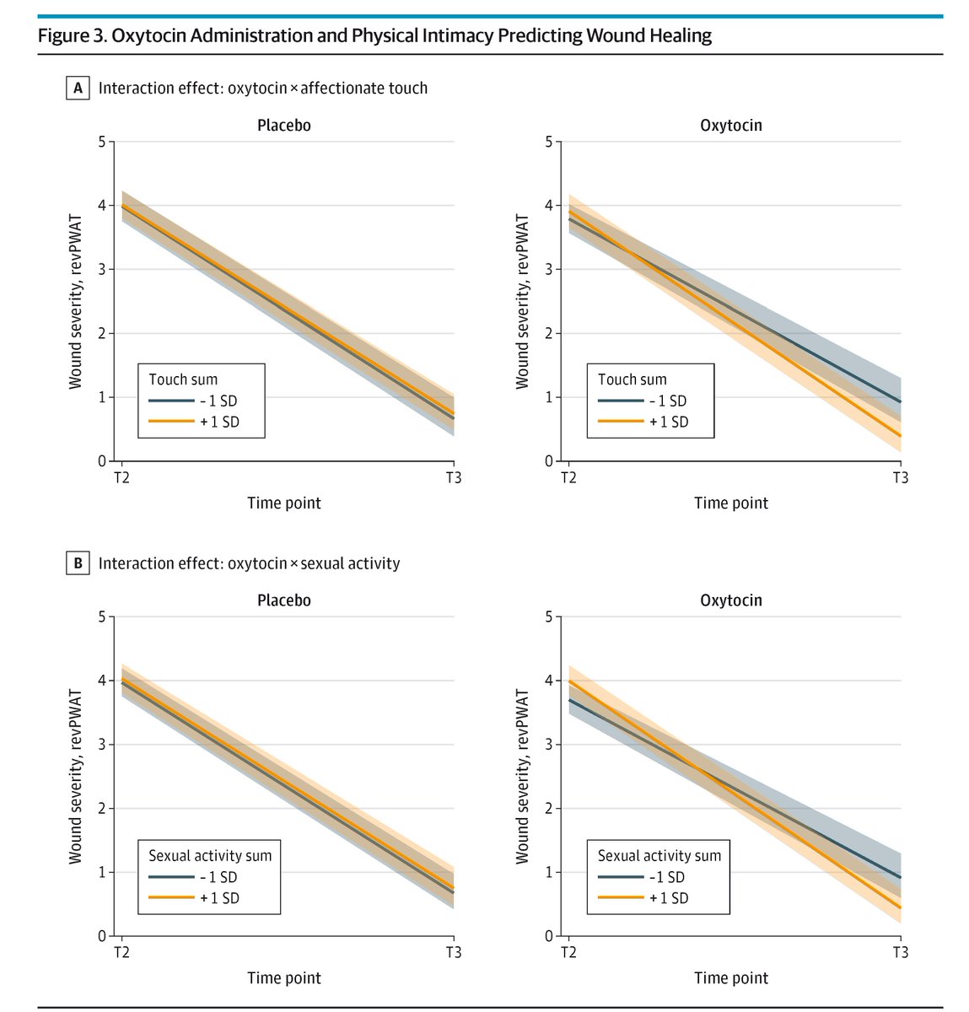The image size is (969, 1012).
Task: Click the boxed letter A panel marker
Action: pos(78,88)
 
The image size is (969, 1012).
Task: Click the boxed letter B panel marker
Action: pos(78,563)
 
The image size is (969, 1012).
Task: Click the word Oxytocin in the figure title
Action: pos(153,35)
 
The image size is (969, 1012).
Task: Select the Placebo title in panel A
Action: pos(284,126)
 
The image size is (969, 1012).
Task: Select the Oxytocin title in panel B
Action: pos(731,600)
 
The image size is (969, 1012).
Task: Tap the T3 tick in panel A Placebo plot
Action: pos(454,478)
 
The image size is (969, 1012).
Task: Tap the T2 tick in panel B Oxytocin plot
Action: pos(568,952)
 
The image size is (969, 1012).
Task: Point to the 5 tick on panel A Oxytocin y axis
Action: pos(548,142)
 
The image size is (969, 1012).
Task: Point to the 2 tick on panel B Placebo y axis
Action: pos(101,809)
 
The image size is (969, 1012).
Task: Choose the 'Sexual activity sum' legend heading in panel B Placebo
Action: pos(210,855)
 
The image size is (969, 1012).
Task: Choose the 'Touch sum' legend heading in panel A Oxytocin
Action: pos(632,379)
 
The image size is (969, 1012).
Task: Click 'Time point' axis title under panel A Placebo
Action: pos(284,503)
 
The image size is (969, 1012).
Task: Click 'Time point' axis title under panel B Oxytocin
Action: pos(731,978)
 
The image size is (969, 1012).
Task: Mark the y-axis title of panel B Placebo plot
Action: pos(76,776)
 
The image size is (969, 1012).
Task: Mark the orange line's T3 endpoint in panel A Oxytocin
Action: pos(900,435)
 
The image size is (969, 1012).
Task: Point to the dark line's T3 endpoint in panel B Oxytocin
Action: pos(900,878)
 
